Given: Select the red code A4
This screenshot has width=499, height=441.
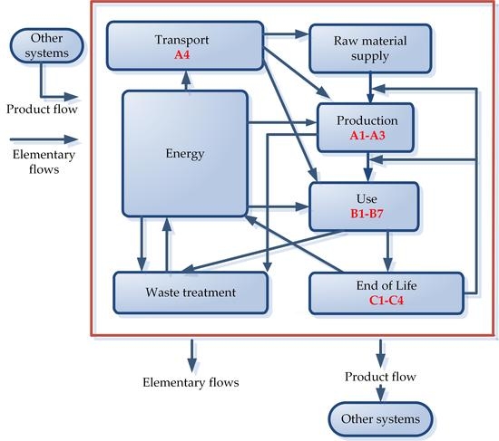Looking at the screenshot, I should click(185, 53).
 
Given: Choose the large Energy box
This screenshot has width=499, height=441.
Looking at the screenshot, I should click(185, 153).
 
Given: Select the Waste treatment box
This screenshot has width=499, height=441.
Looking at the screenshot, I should click(191, 292).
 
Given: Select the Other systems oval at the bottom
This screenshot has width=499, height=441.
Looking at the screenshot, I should click(380, 418).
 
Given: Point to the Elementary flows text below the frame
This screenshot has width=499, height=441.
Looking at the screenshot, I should click(191, 382).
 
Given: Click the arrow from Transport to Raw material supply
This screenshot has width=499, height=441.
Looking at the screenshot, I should click(286, 36).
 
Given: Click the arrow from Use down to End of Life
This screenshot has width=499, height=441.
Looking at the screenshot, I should click(388, 248).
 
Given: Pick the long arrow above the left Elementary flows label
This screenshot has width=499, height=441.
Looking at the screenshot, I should click(41, 140).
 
